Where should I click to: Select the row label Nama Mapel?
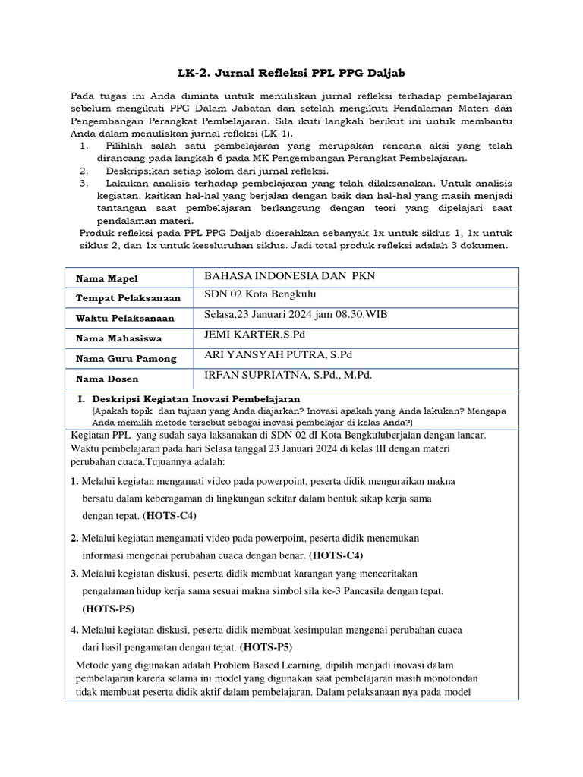[106, 279]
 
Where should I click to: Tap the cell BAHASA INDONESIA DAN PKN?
[285, 276]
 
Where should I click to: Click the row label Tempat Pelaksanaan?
[125, 299]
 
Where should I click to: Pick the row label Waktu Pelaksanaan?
[124, 319]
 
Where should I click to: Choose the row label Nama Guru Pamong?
[126, 358]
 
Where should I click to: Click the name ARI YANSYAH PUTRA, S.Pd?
[273, 354]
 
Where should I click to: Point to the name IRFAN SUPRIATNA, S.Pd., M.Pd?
[288, 374]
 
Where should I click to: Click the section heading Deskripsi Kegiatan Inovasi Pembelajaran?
[196, 398]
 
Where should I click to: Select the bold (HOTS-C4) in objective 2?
[342, 555]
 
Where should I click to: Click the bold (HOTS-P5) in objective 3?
[109, 609]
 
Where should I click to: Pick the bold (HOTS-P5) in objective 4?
[266, 647]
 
